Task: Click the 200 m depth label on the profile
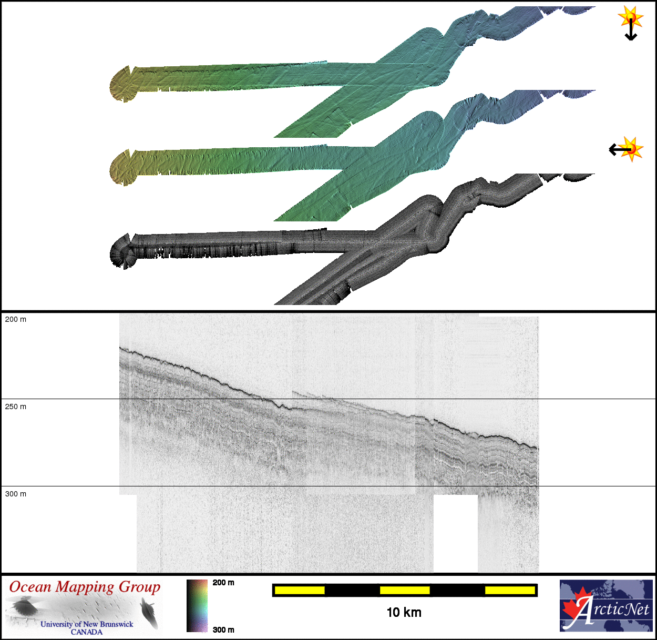pyautogui.click(x=16, y=320)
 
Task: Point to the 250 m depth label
pyautogui.click(x=16, y=407)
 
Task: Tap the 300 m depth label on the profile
pyautogui.click(x=16, y=494)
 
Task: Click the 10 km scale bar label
pyautogui.click(x=404, y=612)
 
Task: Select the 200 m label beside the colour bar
pyautogui.click(x=223, y=583)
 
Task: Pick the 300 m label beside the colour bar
pyautogui.click(x=223, y=630)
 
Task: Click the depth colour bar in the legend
pyautogui.click(x=197, y=606)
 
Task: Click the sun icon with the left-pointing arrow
pyautogui.click(x=627, y=149)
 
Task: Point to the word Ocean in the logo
pyautogui.click(x=30, y=587)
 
